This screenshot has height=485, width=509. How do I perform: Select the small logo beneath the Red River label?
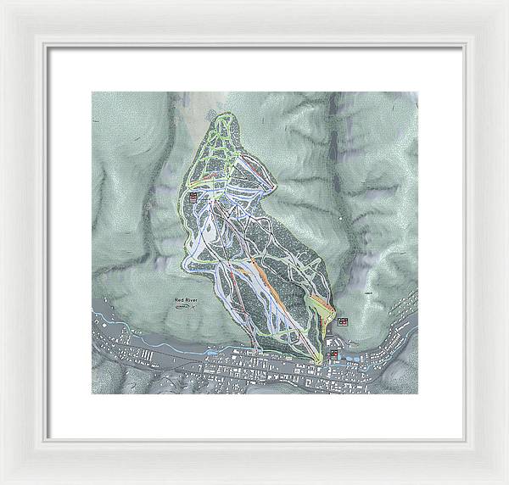point(184,309)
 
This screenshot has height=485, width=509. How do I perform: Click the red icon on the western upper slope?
point(193,197)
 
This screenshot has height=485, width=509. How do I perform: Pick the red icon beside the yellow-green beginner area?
point(343,321)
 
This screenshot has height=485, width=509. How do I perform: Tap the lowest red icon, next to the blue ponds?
point(334,354)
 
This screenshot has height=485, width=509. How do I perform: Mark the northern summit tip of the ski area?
point(226,113)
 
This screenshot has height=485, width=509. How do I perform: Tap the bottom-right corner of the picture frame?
point(506,482)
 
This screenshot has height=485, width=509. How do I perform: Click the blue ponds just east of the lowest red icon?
point(348,356)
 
